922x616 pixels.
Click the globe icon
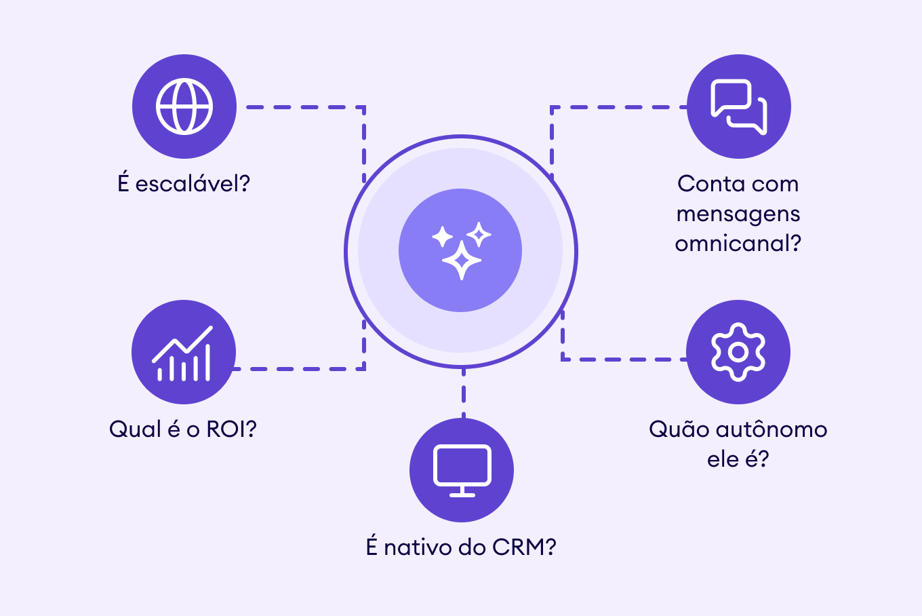(x=184, y=107)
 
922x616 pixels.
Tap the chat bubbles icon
(x=739, y=107)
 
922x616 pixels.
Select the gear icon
(x=738, y=352)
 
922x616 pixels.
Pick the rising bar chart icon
(x=183, y=353)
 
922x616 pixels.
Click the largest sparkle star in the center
(x=462, y=260)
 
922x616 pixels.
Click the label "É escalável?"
(x=184, y=183)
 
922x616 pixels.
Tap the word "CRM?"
(x=524, y=547)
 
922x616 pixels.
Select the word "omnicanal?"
(x=738, y=243)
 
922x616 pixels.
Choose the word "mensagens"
(x=738, y=214)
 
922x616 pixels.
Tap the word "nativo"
(x=418, y=547)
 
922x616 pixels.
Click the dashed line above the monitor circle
(x=463, y=393)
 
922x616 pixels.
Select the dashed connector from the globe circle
(x=305, y=107)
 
